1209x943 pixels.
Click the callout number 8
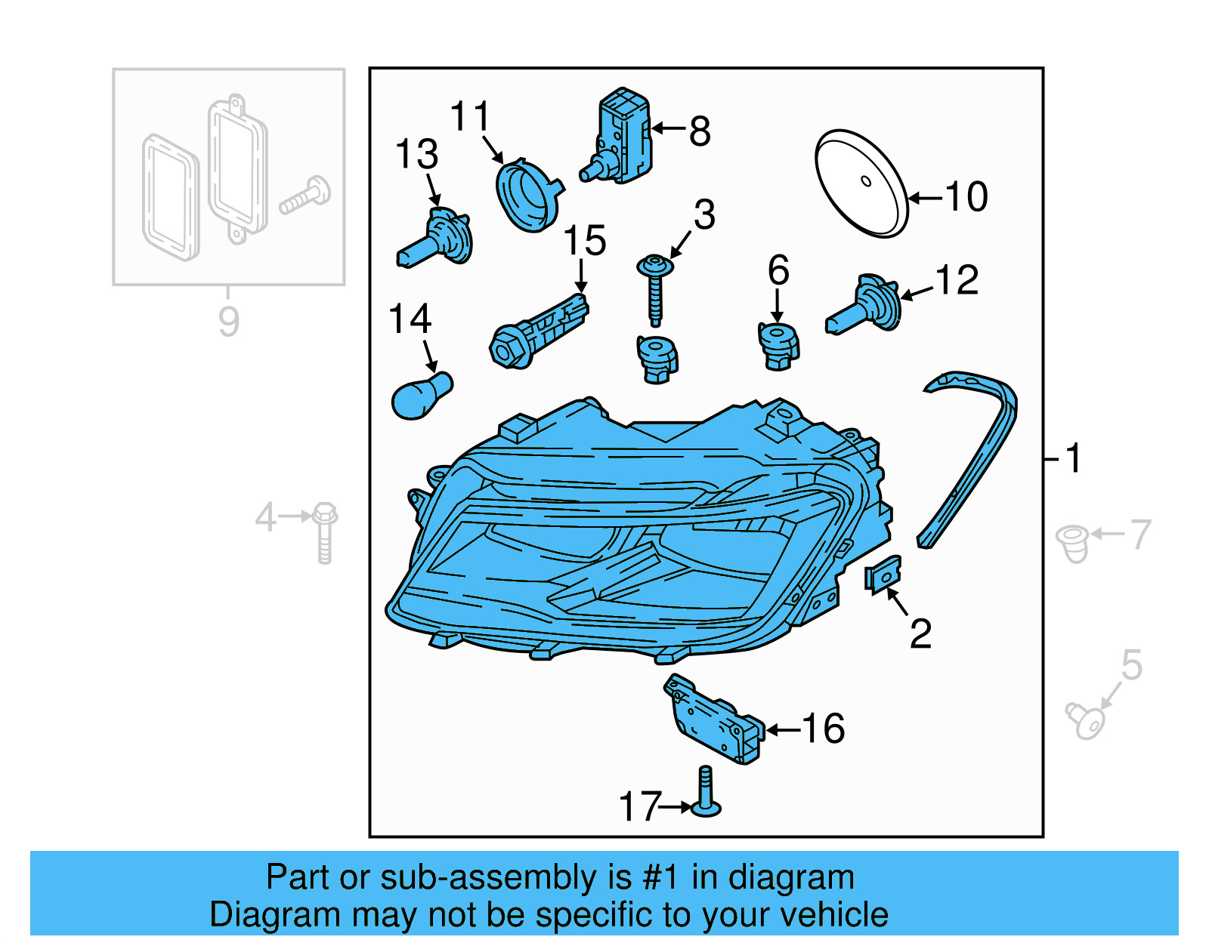[x=700, y=131]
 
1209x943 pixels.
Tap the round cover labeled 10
[x=861, y=183]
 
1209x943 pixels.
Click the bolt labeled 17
[x=705, y=794]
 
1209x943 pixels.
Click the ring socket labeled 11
[x=527, y=195]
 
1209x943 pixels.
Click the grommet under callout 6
[x=778, y=347]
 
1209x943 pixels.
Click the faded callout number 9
[x=228, y=322]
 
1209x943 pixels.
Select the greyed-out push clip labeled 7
[x=1072, y=544]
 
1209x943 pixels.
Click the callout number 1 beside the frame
[x=1073, y=458]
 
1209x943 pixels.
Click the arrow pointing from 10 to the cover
[x=925, y=199]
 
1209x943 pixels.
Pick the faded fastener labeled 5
[x=1086, y=721]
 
